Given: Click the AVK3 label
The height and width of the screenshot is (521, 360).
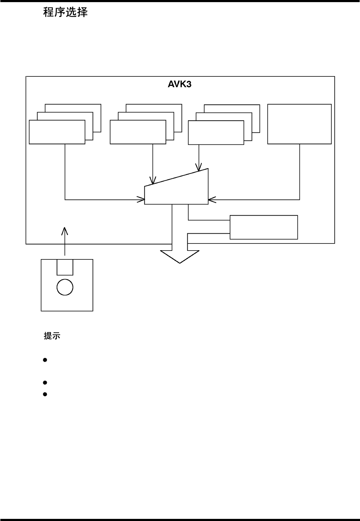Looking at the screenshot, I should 179,85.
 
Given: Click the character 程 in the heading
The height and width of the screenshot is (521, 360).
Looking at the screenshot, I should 48,13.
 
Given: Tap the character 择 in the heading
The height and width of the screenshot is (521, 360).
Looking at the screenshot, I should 82,13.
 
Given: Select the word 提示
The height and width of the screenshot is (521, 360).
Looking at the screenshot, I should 52,336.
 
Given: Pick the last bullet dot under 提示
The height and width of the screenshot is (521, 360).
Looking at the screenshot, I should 45,394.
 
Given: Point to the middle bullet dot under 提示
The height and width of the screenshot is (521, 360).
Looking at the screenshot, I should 45,383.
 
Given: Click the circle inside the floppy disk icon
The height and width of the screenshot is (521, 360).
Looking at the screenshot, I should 65,287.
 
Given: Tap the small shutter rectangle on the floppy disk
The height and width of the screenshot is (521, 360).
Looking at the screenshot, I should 65,267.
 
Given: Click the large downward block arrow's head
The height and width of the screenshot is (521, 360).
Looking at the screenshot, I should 180,257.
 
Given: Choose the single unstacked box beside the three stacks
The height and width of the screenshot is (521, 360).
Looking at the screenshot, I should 299,124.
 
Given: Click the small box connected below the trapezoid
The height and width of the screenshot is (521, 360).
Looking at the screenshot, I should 264,227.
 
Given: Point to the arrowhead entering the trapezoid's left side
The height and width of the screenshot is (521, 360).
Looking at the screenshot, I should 142,200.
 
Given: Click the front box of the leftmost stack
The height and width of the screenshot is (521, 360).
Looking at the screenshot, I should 57,132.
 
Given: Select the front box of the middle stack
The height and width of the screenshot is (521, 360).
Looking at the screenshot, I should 138,132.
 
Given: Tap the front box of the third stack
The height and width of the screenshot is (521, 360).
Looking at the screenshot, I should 216,133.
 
